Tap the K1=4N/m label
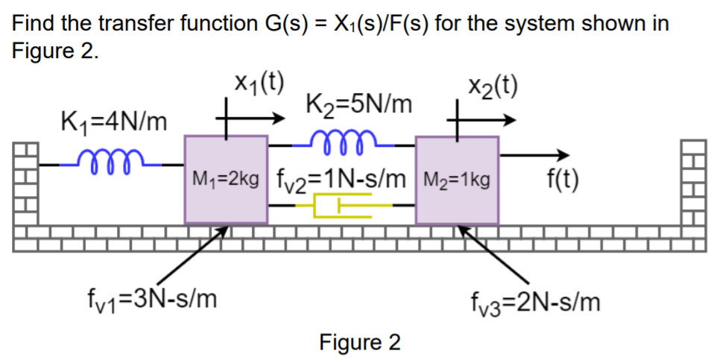(x=114, y=120)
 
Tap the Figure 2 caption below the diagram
(x=359, y=342)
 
